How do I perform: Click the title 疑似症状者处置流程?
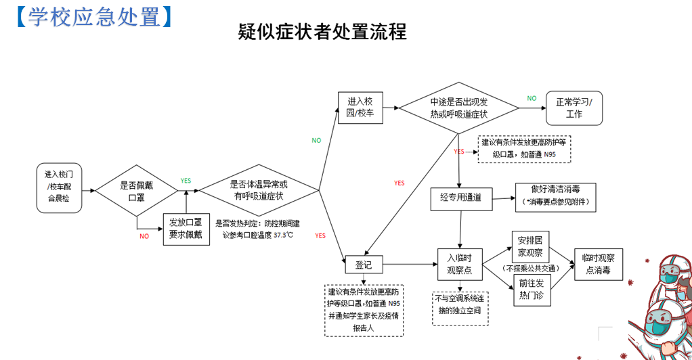[x=322, y=32]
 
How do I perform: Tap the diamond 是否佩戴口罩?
[x=136, y=191]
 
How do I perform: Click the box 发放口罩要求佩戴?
[x=185, y=229]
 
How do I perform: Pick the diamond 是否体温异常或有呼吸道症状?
[x=259, y=190]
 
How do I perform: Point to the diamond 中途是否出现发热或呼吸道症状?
[x=458, y=108]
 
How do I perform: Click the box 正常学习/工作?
[x=574, y=108]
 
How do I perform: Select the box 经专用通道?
[x=460, y=198]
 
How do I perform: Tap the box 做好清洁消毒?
[x=555, y=196]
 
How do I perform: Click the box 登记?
[x=364, y=265]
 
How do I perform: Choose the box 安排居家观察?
[x=530, y=247]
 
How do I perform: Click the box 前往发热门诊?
[x=530, y=288]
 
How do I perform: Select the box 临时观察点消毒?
[x=598, y=264]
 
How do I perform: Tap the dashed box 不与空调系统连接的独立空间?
[x=460, y=305]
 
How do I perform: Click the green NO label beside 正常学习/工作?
[x=532, y=98]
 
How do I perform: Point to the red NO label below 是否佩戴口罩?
[x=144, y=236]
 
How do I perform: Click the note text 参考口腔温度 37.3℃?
[x=259, y=235]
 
